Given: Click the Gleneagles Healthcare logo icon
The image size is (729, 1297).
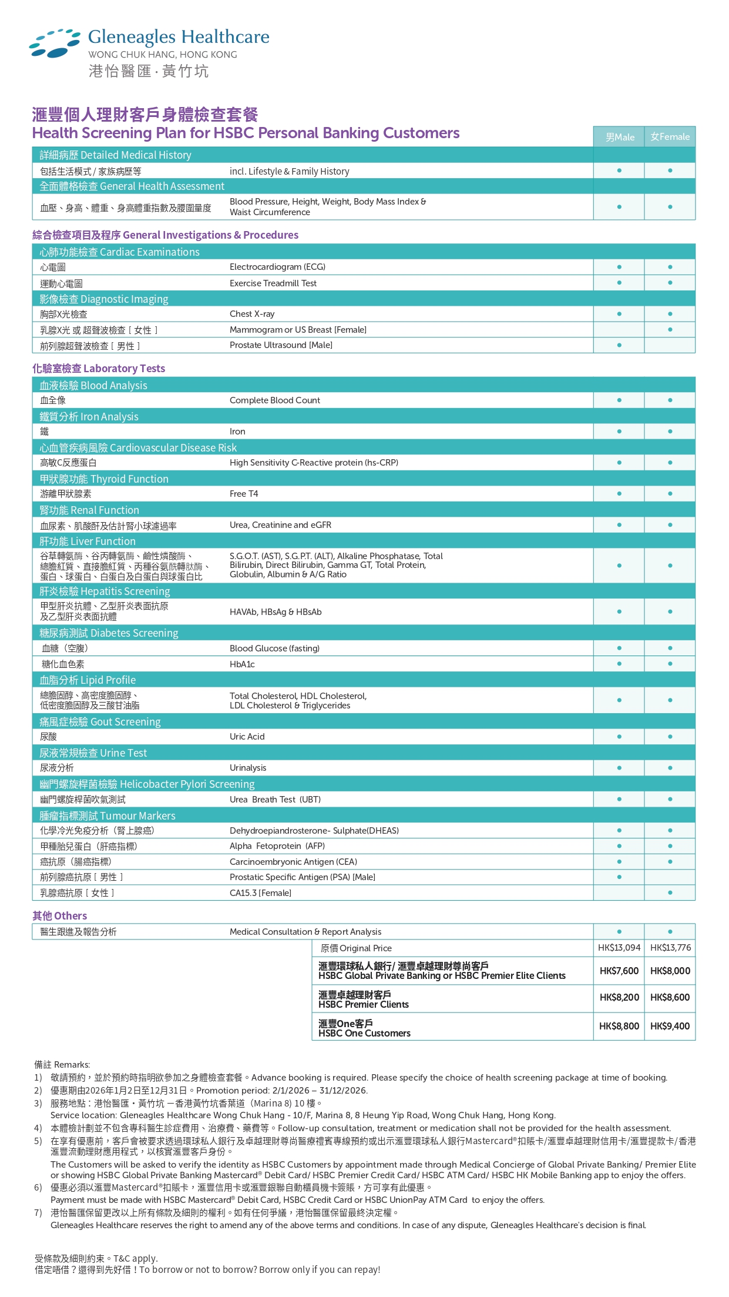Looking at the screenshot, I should pyautogui.click(x=55, y=43).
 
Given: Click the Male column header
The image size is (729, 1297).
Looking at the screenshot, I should pyautogui.click(x=619, y=137).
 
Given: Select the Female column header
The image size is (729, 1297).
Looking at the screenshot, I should pyautogui.click(x=670, y=137).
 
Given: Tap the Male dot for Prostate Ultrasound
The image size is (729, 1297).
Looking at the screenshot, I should pyautogui.click(x=619, y=345).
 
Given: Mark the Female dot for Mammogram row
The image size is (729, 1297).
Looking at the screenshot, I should pyautogui.click(x=670, y=330).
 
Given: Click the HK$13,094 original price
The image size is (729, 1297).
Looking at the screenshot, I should pyautogui.click(x=619, y=947).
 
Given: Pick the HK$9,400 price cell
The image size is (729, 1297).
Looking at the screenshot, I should pyautogui.click(x=670, y=1026).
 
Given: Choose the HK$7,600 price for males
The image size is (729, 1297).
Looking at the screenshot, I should pyautogui.click(x=619, y=971).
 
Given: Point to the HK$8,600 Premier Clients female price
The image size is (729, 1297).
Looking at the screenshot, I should pyautogui.click(x=670, y=997).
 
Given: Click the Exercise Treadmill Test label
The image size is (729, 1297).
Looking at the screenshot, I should pyautogui.click(x=273, y=283).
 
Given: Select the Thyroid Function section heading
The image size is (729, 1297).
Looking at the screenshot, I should pyautogui.click(x=104, y=479).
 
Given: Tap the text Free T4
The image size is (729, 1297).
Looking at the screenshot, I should pyautogui.click(x=244, y=494).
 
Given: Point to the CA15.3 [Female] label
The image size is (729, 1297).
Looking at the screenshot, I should pyautogui.click(x=260, y=893).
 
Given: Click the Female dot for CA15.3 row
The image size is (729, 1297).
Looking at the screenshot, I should pyautogui.click(x=670, y=892).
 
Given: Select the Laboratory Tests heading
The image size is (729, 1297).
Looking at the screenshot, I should pyautogui.click(x=99, y=369).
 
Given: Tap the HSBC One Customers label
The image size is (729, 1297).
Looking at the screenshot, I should pyautogui.click(x=364, y=1033).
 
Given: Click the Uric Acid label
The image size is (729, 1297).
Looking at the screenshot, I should pyautogui.click(x=247, y=737).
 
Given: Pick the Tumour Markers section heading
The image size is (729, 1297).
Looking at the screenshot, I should pyautogui.click(x=107, y=815).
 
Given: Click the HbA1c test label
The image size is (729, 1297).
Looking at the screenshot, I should pyautogui.click(x=242, y=664).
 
